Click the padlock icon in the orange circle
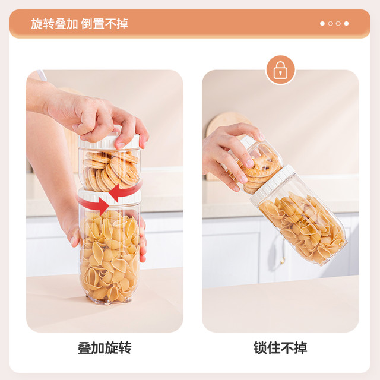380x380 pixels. pos(280,70)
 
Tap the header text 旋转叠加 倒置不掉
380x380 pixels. pos(79,24)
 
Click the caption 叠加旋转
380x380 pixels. pos(104,348)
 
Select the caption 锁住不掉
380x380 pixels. pos(280,348)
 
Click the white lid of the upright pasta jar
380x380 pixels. pos(109,197)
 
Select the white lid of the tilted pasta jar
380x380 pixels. pos(273,185)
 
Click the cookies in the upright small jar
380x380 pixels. pos(111,170)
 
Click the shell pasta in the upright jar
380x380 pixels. pos(109,256)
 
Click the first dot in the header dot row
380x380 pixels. pos(322,24)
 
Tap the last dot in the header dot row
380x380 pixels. pos(346,24)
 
